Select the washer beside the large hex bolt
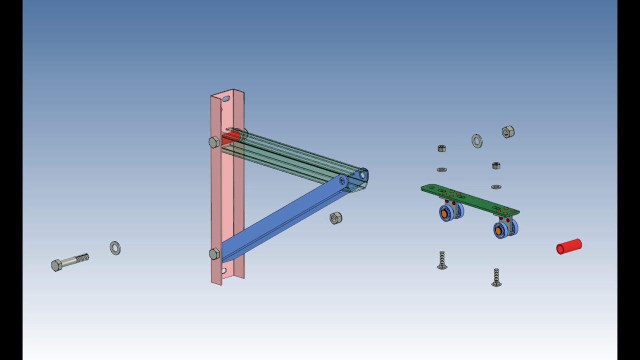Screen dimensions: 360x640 (x=115, y=248)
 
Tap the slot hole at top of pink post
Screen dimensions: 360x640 (x=226, y=99)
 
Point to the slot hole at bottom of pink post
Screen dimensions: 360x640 (x=223, y=271)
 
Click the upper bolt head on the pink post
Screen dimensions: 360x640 (x=214, y=142)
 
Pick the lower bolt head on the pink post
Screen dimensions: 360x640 (x=214, y=254)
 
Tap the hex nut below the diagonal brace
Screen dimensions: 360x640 (x=336, y=218)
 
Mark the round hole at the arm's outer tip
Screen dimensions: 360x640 (x=362, y=175)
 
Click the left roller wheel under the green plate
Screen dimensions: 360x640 (x=446, y=213)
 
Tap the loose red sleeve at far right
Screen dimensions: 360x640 (x=569, y=246)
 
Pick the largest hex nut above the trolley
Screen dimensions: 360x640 (x=508, y=132)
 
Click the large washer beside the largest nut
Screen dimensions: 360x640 (x=477, y=141)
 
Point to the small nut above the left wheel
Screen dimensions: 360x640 (x=441, y=148)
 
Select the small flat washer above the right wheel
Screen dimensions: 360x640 (x=496, y=187)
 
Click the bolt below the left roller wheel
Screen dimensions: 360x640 (x=442, y=260)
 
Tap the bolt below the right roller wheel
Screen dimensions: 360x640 (x=496, y=277)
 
